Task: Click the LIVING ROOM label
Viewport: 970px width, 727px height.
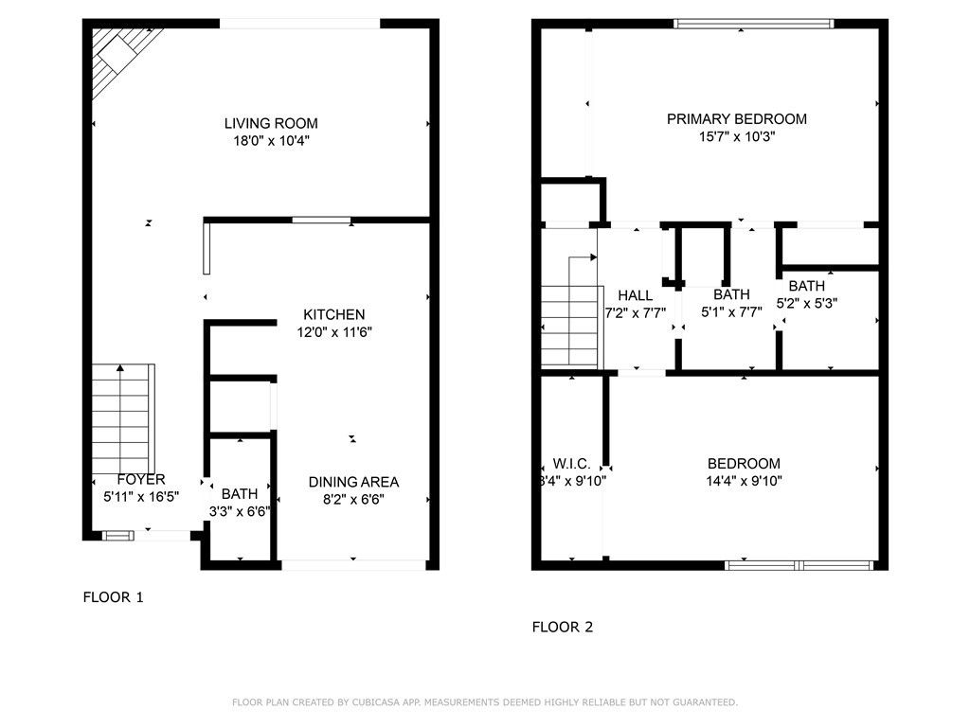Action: [271, 124]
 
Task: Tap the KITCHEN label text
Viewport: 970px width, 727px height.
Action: [334, 314]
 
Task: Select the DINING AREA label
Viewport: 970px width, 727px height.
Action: [354, 482]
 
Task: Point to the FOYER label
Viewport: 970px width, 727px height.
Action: [141, 480]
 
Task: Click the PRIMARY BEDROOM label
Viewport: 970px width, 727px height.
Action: [737, 119]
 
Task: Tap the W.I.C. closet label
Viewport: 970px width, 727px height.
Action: [571, 464]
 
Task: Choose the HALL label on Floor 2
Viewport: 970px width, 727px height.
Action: [636, 295]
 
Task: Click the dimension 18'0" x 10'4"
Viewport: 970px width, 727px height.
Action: [271, 141]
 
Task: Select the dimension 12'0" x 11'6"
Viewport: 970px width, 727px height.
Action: [334, 332]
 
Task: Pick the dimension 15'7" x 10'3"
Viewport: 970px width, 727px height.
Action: [737, 136]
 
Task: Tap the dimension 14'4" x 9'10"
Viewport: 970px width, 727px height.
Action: [745, 481]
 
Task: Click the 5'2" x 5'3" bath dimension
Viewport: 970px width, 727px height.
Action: [807, 304]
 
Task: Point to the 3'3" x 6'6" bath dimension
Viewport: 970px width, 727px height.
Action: [240, 512]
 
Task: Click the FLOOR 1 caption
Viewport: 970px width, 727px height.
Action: [114, 597]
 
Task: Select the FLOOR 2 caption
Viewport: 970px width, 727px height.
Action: [563, 627]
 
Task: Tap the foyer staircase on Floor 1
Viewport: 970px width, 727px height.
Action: [123, 420]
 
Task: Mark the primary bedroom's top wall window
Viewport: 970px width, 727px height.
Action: [753, 24]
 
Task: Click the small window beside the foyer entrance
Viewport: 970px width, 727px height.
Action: [117, 536]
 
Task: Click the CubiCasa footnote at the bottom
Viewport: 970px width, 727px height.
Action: [485, 702]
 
